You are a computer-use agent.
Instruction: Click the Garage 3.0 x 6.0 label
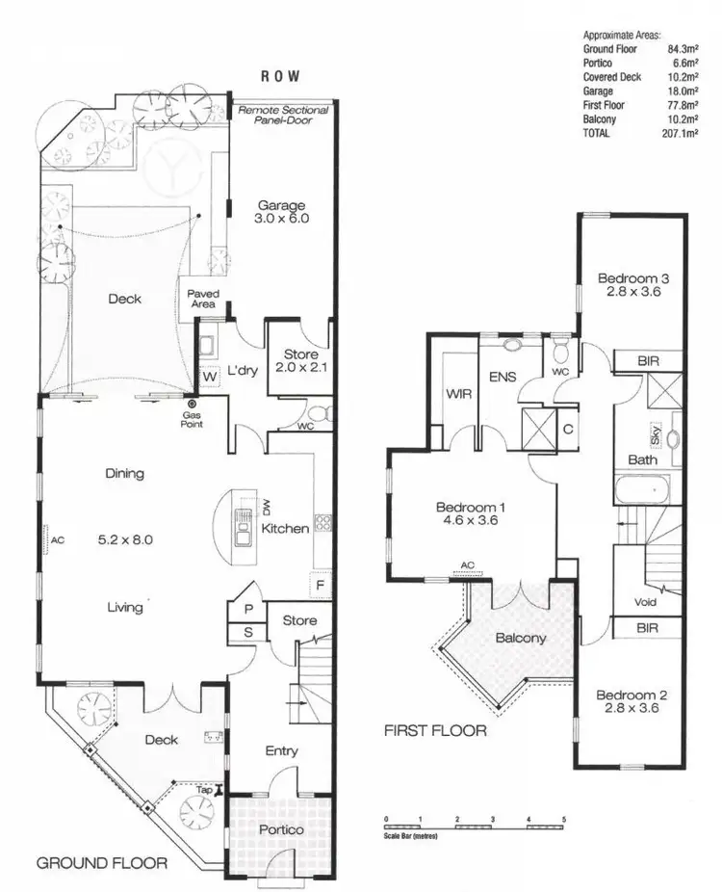pos(281,212)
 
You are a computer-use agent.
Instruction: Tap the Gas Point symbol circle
pos(193,404)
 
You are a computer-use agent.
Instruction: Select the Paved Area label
pos(203,300)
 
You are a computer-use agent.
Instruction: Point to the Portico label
pos(281,829)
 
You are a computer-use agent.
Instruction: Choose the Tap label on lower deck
pos(204,790)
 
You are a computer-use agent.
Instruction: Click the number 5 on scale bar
pos(564,819)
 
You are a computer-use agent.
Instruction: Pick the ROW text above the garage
pos(281,76)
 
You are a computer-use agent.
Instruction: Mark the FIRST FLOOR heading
pos(435,731)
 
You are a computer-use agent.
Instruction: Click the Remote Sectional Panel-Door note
pos(284,117)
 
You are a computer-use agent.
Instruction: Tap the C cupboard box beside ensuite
pos(568,429)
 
